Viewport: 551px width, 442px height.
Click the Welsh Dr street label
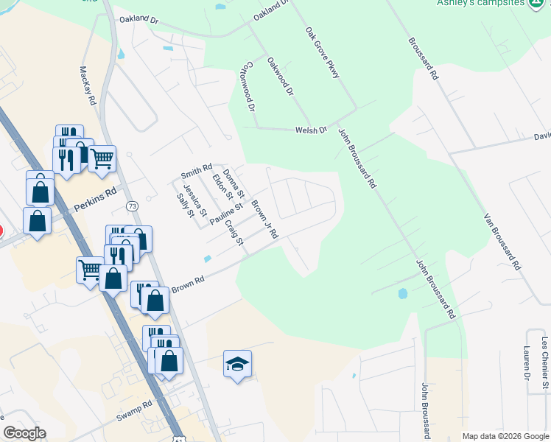click(310, 130)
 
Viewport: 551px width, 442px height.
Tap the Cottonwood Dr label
click(250, 85)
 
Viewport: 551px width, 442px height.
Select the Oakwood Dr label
click(281, 77)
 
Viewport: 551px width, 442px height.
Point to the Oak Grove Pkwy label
click(322, 54)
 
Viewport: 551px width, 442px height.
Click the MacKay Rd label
click(86, 85)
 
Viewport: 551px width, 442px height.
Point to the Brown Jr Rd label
click(264, 219)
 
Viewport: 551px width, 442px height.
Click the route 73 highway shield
click(132, 206)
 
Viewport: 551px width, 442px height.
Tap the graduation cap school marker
click(237, 364)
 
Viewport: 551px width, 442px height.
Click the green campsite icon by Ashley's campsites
click(538, 3)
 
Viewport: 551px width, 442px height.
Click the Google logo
click(24, 433)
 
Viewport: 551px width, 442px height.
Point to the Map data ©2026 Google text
click(505, 436)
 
